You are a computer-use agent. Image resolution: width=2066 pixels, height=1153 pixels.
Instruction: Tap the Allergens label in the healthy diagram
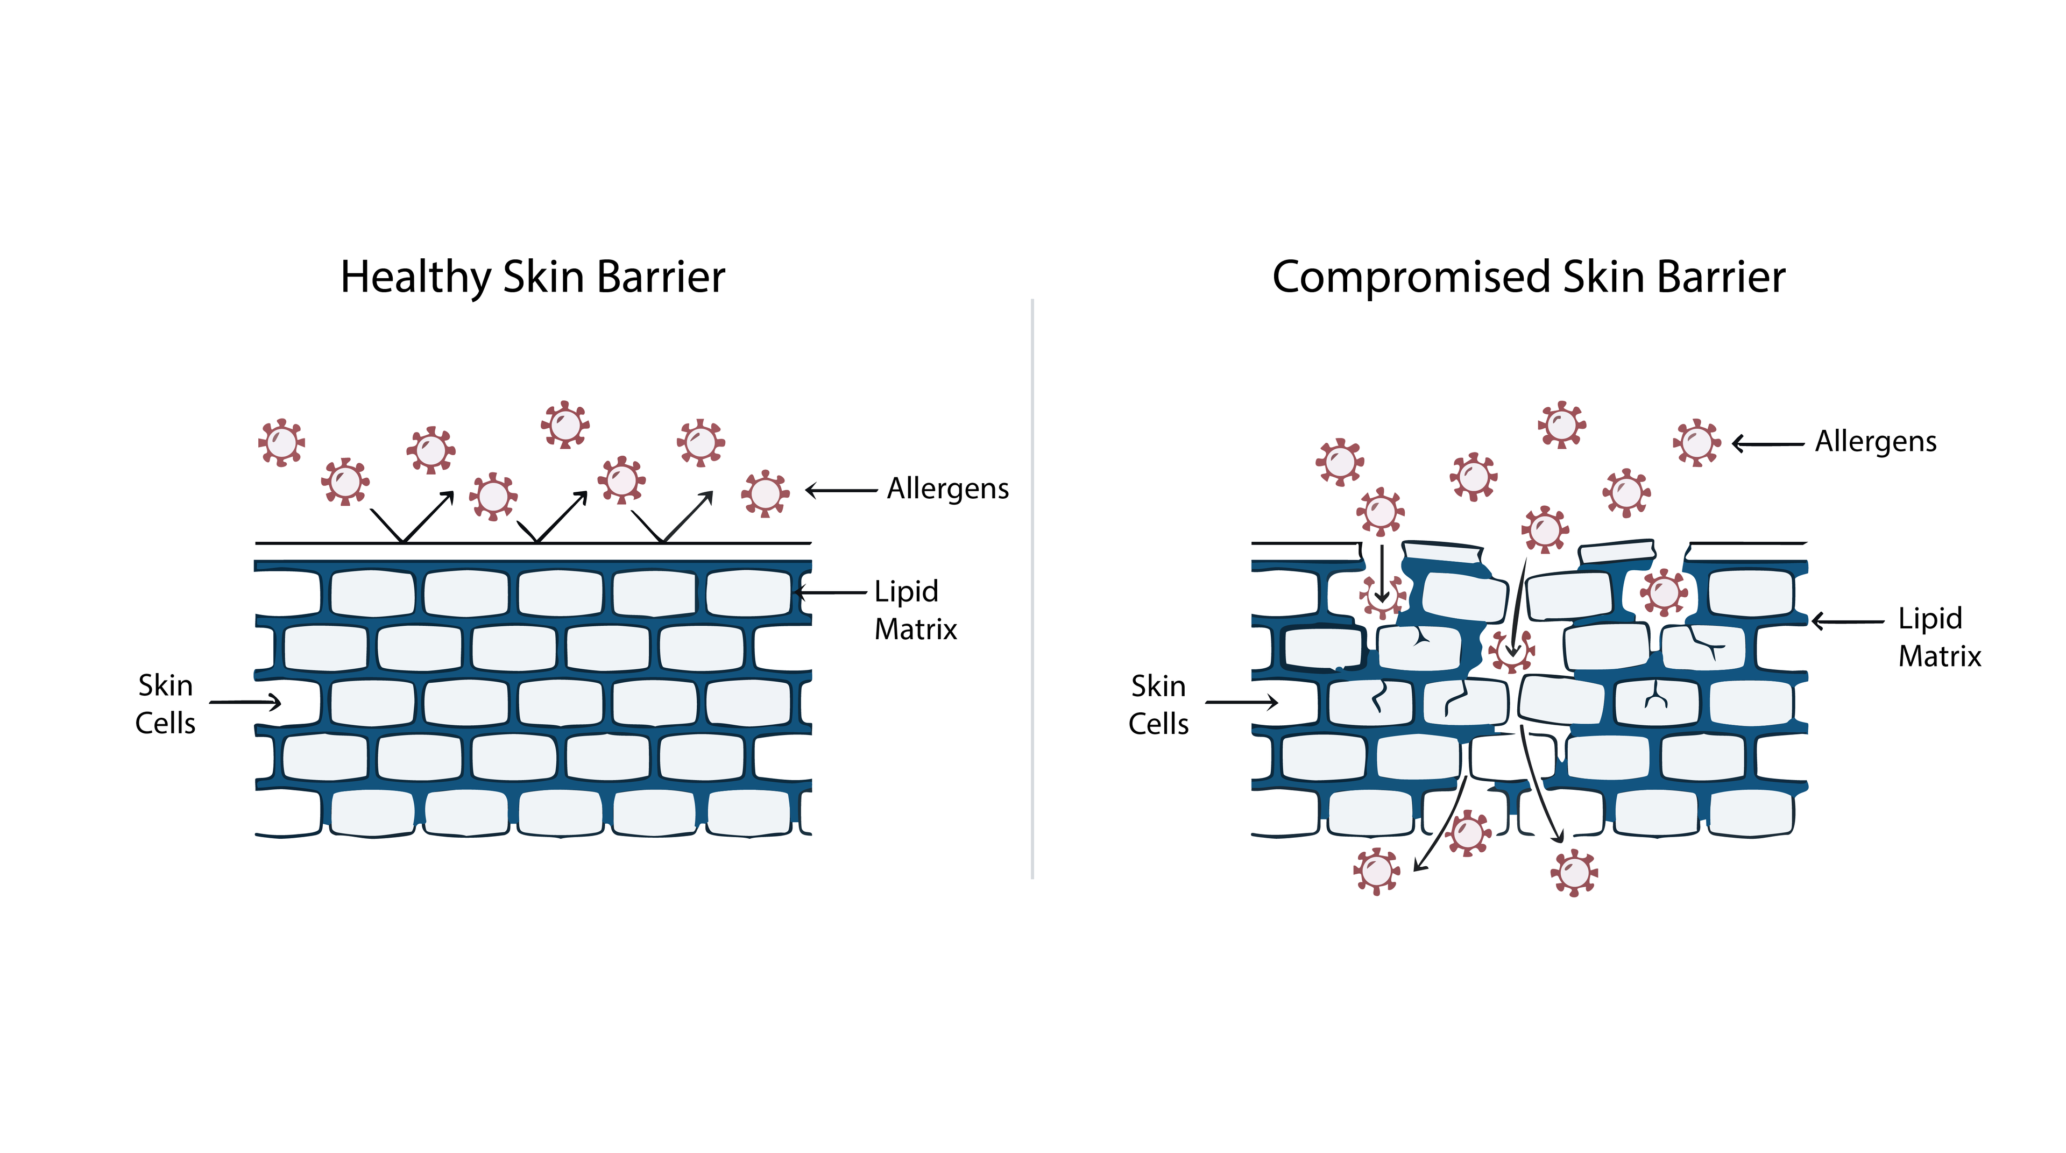click(x=947, y=489)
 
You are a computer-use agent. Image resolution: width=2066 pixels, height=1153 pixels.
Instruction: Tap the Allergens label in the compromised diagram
click(x=1875, y=442)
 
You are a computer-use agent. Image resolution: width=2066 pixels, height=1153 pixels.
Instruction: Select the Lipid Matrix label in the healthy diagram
click(x=914, y=610)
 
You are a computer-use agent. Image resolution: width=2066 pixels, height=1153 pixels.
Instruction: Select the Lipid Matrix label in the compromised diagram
click(x=1938, y=638)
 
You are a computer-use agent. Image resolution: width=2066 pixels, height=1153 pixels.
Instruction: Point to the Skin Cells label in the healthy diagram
click(x=165, y=704)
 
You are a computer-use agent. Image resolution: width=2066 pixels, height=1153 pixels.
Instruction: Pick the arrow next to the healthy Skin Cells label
click(x=245, y=702)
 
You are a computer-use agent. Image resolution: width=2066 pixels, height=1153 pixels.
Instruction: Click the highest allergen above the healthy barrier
click(x=565, y=424)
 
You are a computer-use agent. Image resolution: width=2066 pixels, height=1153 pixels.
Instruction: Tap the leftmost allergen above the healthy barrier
click(x=281, y=442)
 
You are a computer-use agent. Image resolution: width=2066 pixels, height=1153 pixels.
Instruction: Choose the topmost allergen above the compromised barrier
click(x=1561, y=424)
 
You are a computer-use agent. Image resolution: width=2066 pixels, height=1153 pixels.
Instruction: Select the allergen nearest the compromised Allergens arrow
click(x=1696, y=442)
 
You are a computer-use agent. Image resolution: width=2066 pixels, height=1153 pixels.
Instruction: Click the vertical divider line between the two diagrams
click(x=1032, y=589)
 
